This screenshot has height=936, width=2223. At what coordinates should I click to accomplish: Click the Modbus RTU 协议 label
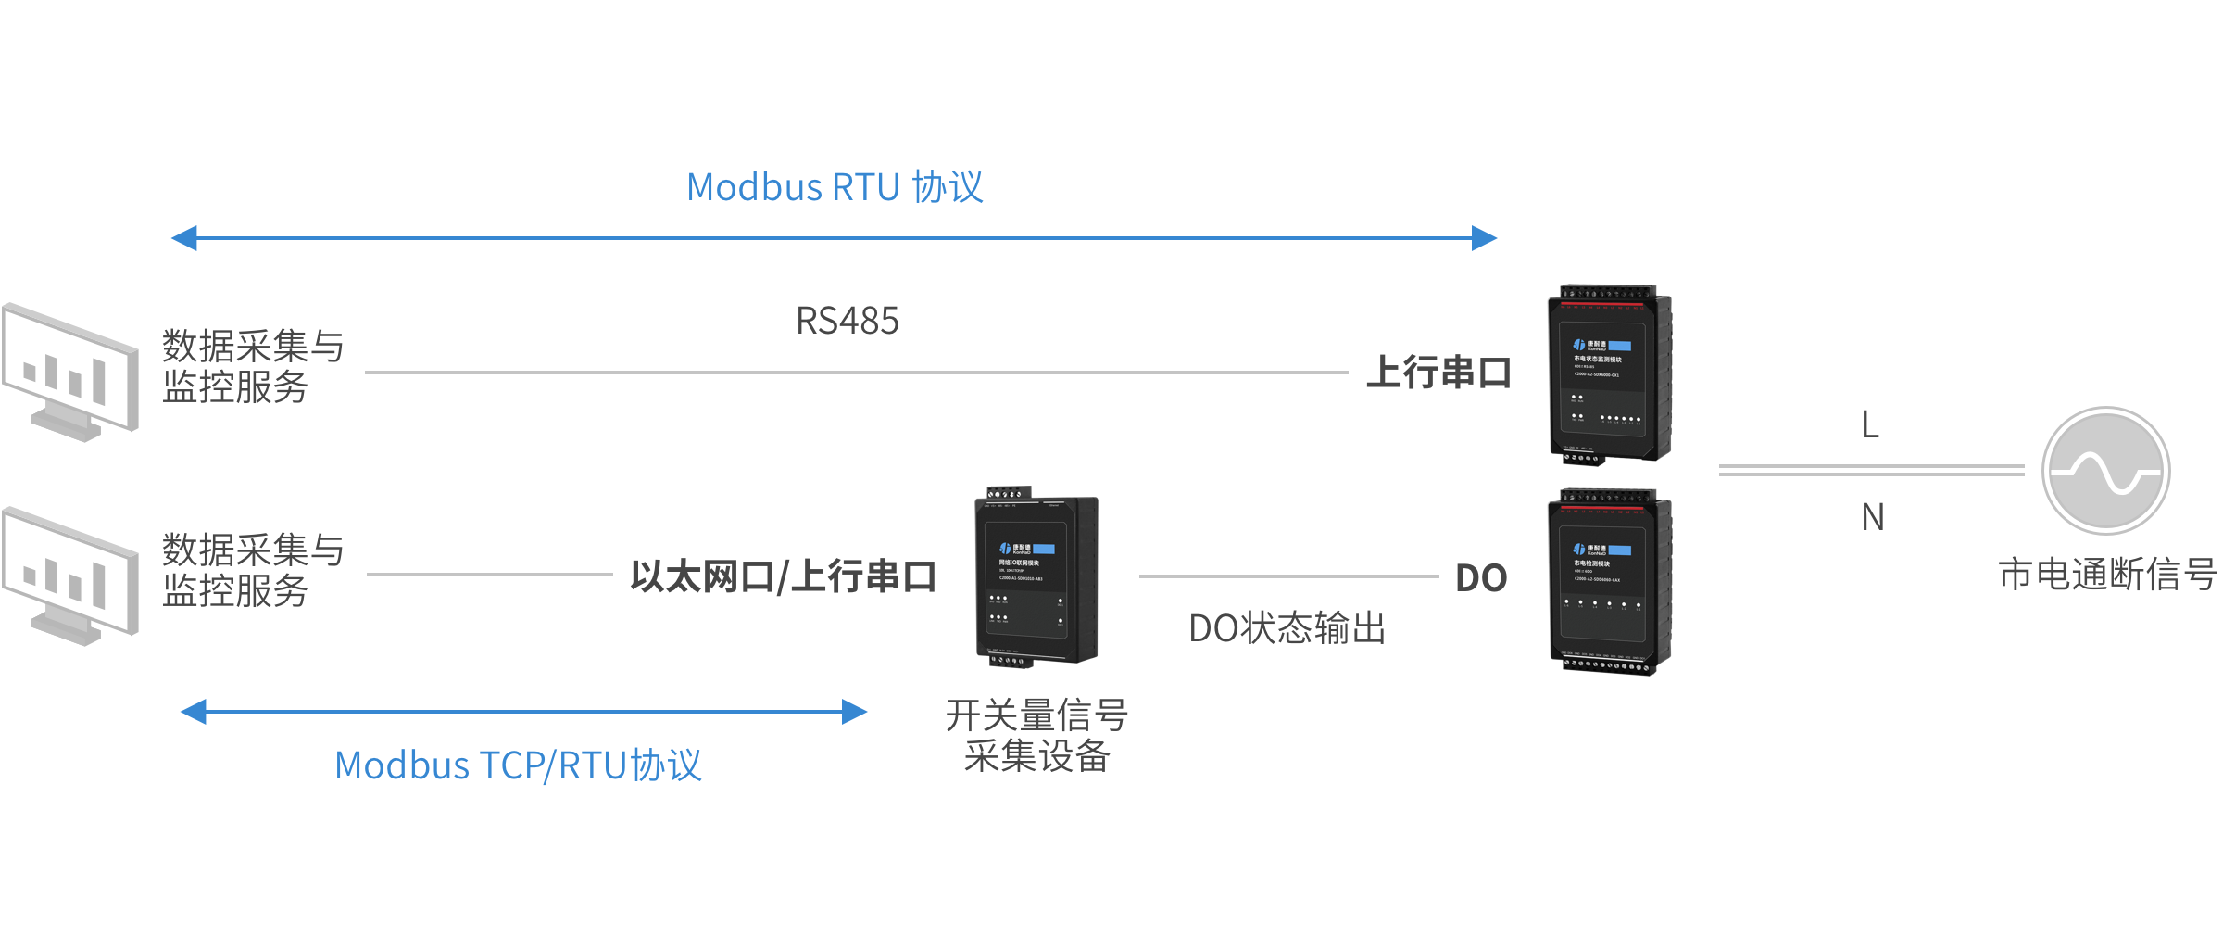tap(835, 187)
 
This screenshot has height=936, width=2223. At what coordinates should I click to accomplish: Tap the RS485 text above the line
tap(847, 321)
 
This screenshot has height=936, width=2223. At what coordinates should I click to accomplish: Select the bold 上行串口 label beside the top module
tap(1438, 373)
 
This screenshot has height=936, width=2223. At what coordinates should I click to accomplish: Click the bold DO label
tap(1481, 578)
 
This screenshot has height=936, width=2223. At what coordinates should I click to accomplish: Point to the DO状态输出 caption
tap(1287, 628)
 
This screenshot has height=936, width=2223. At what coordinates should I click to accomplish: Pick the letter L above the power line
tap(1870, 425)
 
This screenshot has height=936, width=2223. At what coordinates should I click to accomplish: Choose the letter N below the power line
tap(1872, 517)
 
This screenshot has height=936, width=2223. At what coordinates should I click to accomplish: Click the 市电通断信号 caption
tap(2106, 575)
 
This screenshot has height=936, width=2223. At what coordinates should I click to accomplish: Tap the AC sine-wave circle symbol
tap(2105, 471)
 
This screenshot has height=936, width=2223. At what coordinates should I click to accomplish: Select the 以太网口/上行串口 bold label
tap(783, 576)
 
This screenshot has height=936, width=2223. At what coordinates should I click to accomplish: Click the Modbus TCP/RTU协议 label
tap(518, 765)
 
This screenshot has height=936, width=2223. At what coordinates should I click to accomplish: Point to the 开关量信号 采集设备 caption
tap(1036, 736)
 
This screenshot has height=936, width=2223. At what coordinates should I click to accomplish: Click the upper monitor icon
tap(70, 371)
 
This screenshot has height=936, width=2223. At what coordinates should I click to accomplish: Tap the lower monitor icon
tap(70, 575)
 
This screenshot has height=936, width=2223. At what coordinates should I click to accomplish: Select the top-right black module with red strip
tap(1610, 375)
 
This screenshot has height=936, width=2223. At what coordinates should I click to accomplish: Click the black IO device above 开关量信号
tap(1036, 578)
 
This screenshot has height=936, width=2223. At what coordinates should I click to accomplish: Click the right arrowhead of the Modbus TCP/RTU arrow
tap(854, 712)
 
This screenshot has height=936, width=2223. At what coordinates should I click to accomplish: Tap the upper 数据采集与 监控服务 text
tap(253, 366)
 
